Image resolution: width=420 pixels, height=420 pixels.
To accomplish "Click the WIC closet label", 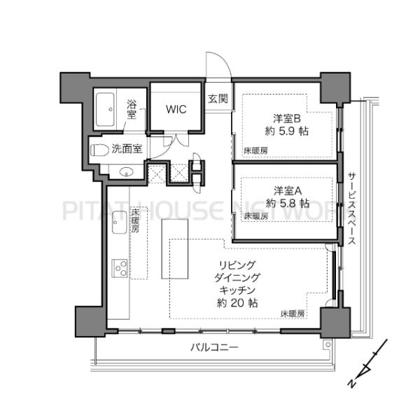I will (175, 109).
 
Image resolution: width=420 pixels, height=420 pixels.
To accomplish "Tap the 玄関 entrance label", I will (217, 99).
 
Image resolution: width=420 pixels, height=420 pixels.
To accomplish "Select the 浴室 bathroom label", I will (132, 110).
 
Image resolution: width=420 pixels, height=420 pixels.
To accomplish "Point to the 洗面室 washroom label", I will (128, 148).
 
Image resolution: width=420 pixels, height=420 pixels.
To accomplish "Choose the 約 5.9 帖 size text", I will (287, 131).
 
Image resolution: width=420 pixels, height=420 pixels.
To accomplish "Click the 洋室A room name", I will (287, 190).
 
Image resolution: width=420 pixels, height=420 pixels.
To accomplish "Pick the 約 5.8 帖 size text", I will (287, 203).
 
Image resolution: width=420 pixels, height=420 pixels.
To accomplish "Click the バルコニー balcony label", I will (215, 348).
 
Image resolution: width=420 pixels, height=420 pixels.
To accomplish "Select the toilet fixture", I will (100, 149).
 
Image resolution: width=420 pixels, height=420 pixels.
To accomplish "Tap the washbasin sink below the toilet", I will (126, 171).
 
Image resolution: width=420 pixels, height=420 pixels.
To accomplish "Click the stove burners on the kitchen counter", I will (118, 268).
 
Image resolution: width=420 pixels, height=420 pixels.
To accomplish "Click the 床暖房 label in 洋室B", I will (255, 150).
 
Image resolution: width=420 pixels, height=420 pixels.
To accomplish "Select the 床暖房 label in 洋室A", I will (255, 217).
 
